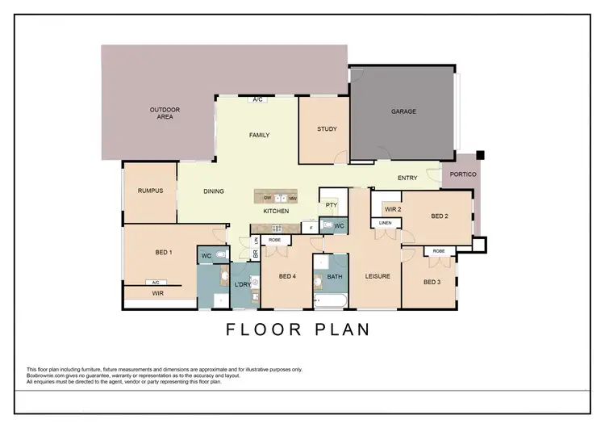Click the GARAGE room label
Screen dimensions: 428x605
tap(403, 111)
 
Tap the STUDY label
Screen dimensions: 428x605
tap(327, 129)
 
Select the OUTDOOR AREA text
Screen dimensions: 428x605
tap(165, 113)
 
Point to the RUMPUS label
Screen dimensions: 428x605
tap(151, 191)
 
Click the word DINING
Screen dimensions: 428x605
tap(214, 191)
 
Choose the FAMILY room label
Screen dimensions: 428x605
tap(259, 135)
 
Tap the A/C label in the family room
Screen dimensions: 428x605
tap(258, 100)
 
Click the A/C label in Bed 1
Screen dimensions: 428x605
tap(155, 283)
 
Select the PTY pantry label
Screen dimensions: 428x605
tap(331, 205)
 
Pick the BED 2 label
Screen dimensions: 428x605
tap(440, 216)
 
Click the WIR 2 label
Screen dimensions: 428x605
tap(393, 209)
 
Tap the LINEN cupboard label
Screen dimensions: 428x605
tap(386, 223)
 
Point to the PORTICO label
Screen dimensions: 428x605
tap(463, 174)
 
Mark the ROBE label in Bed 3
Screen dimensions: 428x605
tap(438, 251)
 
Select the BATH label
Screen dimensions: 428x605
tap(334, 277)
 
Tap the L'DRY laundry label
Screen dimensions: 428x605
tap(243, 284)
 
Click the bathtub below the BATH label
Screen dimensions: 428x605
tap(331, 301)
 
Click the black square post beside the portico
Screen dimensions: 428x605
tap(479, 154)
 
